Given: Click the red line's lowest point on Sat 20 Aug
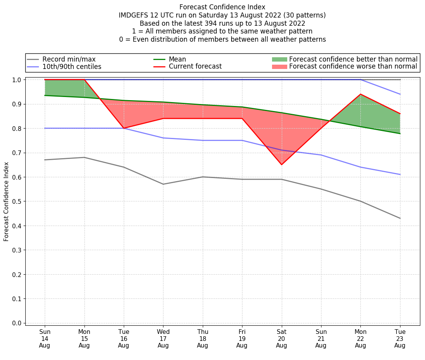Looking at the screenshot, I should pos(281,164).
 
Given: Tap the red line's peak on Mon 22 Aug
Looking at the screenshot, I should pos(360,94).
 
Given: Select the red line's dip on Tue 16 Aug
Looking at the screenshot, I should pos(124,128).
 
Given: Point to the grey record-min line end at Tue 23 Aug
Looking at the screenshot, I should pos(400,218).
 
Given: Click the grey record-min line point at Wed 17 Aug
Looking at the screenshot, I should pos(163,184).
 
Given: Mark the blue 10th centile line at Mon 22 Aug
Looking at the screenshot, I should pos(360,167).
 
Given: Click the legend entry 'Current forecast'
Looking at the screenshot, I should pos(195,67).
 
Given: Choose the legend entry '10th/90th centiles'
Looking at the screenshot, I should pos(72,67).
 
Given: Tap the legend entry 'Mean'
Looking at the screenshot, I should pos(177,59).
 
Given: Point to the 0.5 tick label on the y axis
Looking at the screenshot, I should pos(16,201).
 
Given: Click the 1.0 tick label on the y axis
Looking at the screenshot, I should pos(16,79).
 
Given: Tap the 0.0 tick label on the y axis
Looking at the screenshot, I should pos(16,323).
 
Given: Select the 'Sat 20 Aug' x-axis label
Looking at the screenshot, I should pos(281,339).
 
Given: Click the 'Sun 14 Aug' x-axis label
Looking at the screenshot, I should pos(45,339).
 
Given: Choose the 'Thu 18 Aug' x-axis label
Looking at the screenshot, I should pos(202,339).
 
